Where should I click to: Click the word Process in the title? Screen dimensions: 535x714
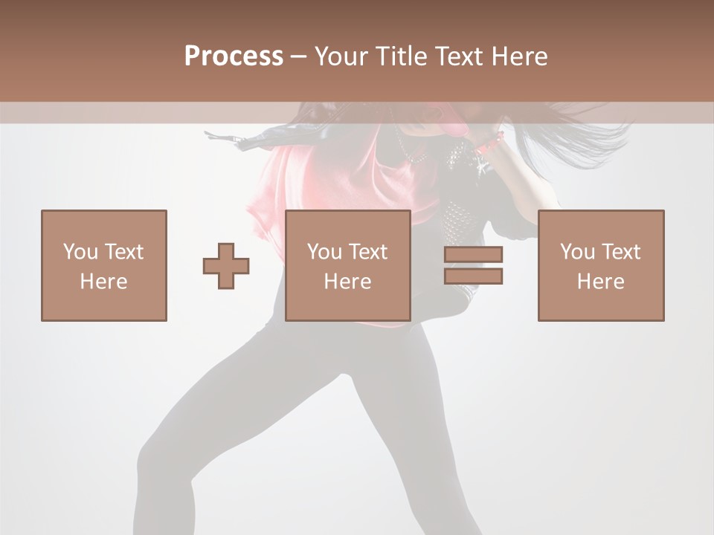click(x=234, y=56)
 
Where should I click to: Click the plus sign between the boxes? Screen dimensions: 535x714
click(x=226, y=266)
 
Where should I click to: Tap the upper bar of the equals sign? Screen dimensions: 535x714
click(x=474, y=254)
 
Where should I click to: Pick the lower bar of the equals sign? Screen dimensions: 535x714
click(x=474, y=276)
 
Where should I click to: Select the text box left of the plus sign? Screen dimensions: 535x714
click(x=104, y=265)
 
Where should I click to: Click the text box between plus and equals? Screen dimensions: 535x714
click(x=348, y=265)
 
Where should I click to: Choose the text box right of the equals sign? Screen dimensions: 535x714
click(x=601, y=265)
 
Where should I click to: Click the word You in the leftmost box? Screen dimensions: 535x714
click(x=80, y=252)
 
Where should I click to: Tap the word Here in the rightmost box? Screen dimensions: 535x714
click(x=601, y=281)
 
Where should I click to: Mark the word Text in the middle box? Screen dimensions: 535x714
click(x=369, y=252)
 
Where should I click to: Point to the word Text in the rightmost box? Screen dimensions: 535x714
click(x=622, y=252)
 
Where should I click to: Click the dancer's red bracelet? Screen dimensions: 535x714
click(x=492, y=142)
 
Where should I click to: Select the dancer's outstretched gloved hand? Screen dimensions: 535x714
click(x=223, y=137)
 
